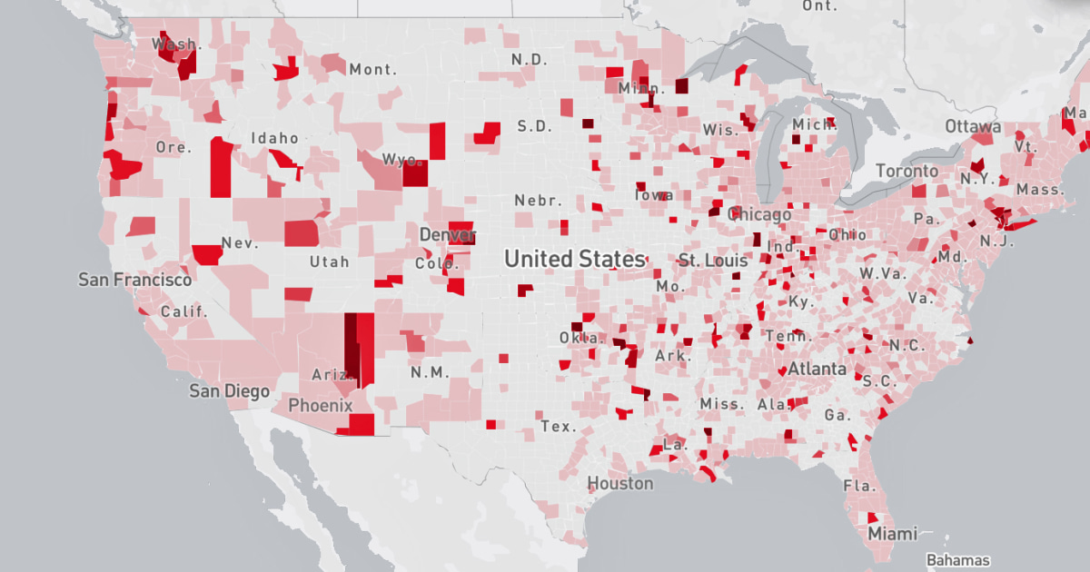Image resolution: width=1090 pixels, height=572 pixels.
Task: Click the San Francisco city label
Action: click(x=134, y=280)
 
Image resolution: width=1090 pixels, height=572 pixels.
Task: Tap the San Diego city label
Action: click(x=229, y=391)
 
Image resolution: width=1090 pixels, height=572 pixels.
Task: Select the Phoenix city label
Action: click(x=320, y=405)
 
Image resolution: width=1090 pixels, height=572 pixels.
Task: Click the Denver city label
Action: click(x=447, y=235)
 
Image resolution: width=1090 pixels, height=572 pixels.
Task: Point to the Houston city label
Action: click(x=619, y=483)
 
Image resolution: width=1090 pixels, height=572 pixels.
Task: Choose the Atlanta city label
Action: click(x=817, y=370)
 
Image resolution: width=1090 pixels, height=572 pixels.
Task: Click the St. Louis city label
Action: click(x=713, y=261)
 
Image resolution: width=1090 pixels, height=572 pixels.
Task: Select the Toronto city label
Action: click(x=907, y=171)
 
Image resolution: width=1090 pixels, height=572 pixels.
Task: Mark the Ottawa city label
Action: click(x=973, y=126)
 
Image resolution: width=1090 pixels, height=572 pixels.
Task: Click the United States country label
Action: click(x=574, y=259)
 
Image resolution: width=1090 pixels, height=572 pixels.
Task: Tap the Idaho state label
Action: click(x=276, y=138)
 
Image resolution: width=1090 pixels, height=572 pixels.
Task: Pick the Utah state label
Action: click(x=328, y=261)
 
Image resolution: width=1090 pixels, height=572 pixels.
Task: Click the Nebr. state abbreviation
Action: click(x=538, y=200)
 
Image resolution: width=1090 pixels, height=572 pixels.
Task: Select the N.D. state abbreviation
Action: click(x=529, y=59)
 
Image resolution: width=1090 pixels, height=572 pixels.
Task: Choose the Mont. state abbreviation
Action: click(x=372, y=69)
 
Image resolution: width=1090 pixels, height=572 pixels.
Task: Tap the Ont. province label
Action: click(x=818, y=5)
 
